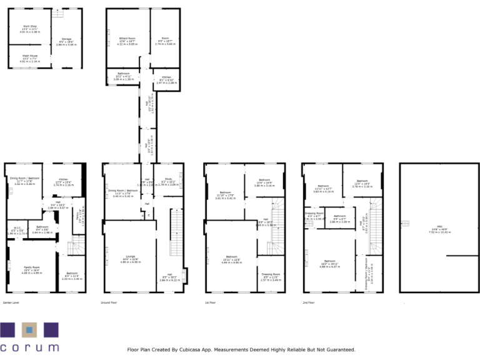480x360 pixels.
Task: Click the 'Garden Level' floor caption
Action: [x=12, y=302]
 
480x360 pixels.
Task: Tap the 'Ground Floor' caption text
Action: [x=109, y=302]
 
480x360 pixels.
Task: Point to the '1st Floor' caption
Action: [x=210, y=302]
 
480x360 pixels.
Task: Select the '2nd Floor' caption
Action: [x=307, y=302]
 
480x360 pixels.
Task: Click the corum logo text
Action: [x=29, y=347]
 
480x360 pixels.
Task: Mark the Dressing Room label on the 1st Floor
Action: [x=271, y=275]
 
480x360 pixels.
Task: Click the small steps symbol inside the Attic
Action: [x=406, y=224]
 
